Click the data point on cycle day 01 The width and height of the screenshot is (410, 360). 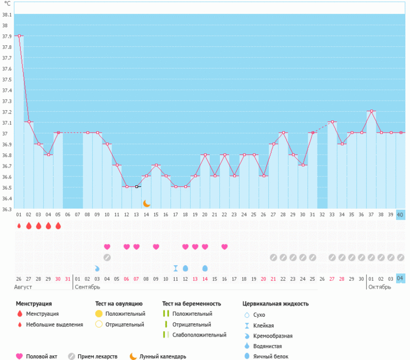pyautogui.click(x=19, y=36)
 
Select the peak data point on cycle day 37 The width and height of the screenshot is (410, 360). pyautogui.click(x=371, y=111)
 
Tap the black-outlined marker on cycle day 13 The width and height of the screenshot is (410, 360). pyautogui.click(x=136, y=187)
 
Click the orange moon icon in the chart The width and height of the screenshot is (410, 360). pyautogui.click(x=146, y=203)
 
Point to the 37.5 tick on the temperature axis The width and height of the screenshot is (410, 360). pyautogui.click(x=7, y=80)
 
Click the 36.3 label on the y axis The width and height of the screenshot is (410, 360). pyautogui.click(x=7, y=209)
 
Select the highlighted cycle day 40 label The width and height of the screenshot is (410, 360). pyautogui.click(x=400, y=215)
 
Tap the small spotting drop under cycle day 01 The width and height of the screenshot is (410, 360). pyautogui.click(x=19, y=226)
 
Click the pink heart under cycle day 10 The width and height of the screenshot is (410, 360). pyautogui.click(x=107, y=247)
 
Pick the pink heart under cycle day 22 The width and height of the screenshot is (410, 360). pyautogui.click(x=224, y=247)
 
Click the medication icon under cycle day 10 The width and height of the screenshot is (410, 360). pyautogui.click(x=107, y=258)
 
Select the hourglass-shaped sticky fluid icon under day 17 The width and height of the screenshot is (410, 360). pyautogui.click(x=176, y=268)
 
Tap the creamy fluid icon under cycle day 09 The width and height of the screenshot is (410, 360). pyautogui.click(x=97, y=268)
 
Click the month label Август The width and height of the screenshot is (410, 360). pyautogui.click(x=23, y=287)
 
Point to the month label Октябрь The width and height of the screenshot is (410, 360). pyautogui.click(x=380, y=287)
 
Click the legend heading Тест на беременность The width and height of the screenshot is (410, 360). pyautogui.click(x=191, y=304)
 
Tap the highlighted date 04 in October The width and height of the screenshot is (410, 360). pyautogui.click(x=400, y=278)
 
